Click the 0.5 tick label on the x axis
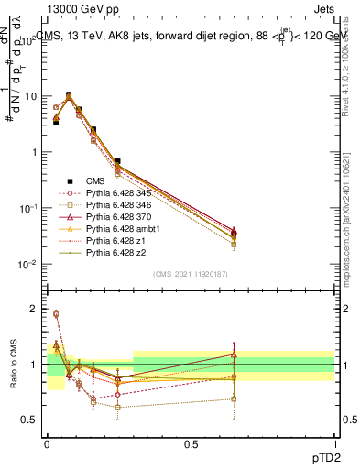click(x=191, y=442)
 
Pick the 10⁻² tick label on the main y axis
click(x=29, y=265)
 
